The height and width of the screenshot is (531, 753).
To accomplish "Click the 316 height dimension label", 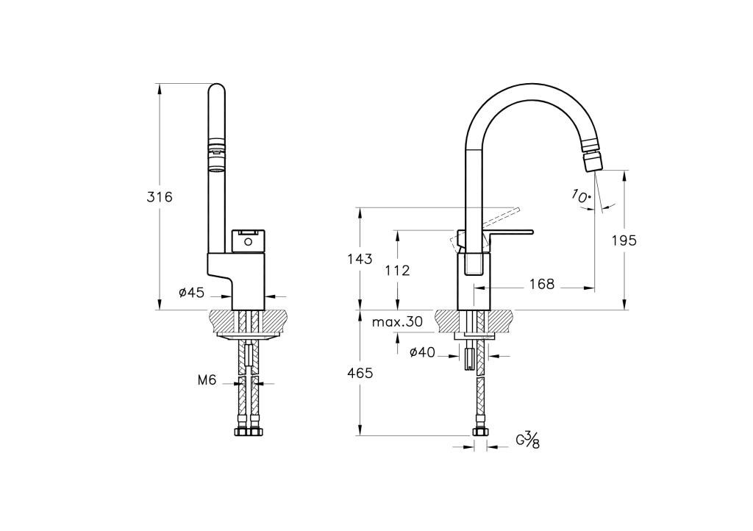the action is pyautogui.click(x=159, y=197).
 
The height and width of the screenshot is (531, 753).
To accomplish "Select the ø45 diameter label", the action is pyautogui.click(x=192, y=293).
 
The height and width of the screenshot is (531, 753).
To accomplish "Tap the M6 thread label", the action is pyautogui.click(x=207, y=381).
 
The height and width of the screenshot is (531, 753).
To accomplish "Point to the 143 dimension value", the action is pyautogui.click(x=360, y=260).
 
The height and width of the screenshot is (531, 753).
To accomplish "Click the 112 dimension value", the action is pyautogui.click(x=398, y=271).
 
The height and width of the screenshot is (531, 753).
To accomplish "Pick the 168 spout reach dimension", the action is pyautogui.click(x=542, y=284).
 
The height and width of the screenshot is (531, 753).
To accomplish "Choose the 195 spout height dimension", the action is pyautogui.click(x=624, y=240).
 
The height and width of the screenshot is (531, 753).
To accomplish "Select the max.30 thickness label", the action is pyautogui.click(x=397, y=321).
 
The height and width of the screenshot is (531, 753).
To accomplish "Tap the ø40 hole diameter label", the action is pyautogui.click(x=422, y=353).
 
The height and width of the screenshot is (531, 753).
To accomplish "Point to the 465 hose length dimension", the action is pyautogui.click(x=360, y=373).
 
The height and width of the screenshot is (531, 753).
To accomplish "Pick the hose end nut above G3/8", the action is pyautogui.click(x=479, y=431).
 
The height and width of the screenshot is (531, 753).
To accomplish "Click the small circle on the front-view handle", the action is pyautogui.click(x=248, y=241).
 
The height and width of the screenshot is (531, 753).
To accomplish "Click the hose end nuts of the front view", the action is pyautogui.click(x=250, y=431).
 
